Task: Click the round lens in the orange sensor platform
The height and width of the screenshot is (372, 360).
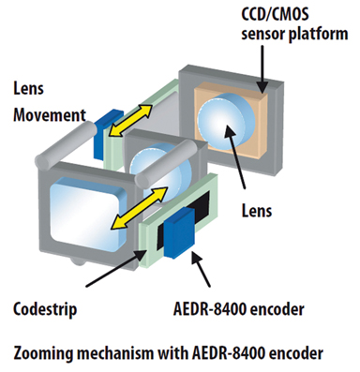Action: click(x=224, y=130)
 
